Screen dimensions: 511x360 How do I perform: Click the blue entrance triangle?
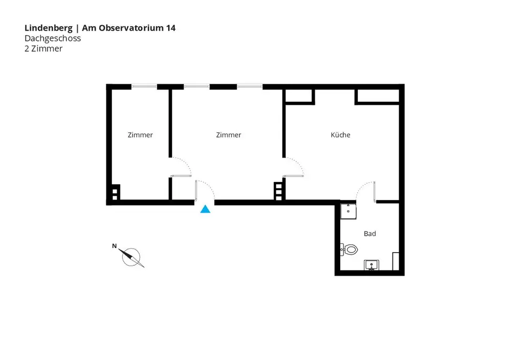[x=205, y=209]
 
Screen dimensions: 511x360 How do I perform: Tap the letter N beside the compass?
[x=114, y=246]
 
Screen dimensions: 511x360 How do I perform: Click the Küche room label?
[x=340, y=135]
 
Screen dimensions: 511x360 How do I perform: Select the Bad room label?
[x=370, y=234]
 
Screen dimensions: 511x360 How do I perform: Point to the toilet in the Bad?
[x=350, y=250]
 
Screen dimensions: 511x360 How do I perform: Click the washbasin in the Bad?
[x=371, y=264]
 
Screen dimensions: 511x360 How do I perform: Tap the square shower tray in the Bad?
[x=349, y=210]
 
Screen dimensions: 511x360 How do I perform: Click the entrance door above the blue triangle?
[x=204, y=191]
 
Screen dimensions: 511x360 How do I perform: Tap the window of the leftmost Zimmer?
[x=144, y=86]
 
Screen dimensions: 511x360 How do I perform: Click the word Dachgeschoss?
[x=53, y=38]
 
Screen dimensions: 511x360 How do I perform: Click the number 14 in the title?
[x=171, y=28]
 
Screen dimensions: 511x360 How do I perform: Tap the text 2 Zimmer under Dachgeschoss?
[x=43, y=49]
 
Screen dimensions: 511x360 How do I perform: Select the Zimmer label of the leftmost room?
[x=140, y=135]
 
